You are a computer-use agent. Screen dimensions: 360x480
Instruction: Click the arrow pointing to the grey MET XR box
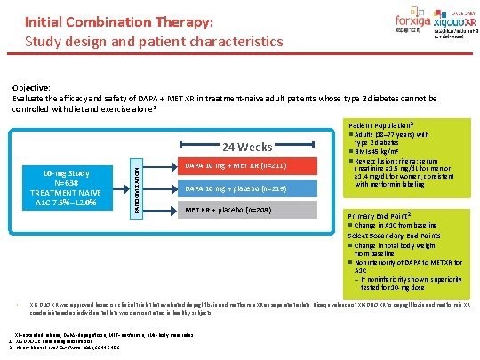click(x=160, y=211)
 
